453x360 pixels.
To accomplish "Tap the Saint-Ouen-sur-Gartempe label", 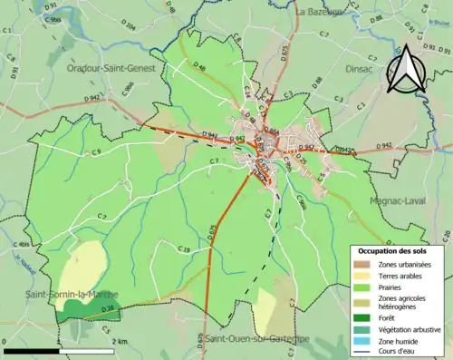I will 255,338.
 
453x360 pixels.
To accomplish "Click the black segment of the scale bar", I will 32,350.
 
